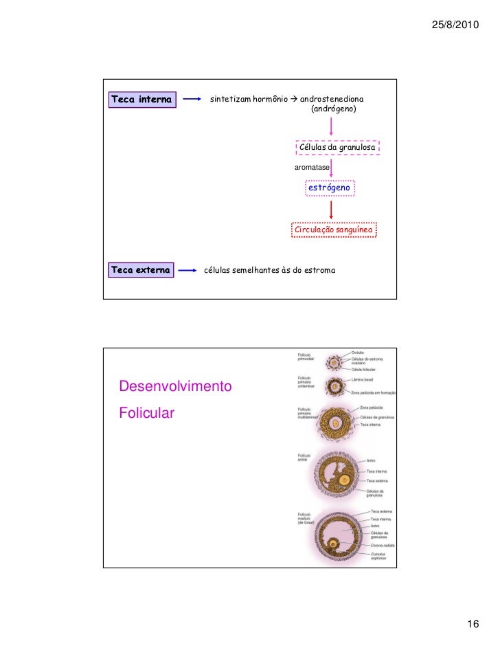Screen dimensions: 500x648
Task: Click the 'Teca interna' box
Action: tap(141, 100)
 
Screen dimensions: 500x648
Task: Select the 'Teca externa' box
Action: tap(141, 270)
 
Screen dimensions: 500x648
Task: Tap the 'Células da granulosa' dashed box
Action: tap(337, 148)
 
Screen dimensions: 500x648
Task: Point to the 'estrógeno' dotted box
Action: tap(330, 187)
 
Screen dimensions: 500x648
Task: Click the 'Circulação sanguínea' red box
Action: tap(334, 230)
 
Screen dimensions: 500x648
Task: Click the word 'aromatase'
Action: tap(312, 168)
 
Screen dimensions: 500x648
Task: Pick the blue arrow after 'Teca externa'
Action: tap(187, 270)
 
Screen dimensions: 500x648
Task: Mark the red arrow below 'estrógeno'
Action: tap(332, 209)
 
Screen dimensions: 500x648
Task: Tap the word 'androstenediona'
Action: tap(332, 100)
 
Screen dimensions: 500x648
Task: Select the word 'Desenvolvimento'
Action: tap(175, 387)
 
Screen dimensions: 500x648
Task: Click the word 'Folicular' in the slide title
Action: tap(147, 413)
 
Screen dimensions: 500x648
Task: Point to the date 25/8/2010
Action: tap(457, 25)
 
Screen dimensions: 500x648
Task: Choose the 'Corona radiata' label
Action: tap(382, 546)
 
